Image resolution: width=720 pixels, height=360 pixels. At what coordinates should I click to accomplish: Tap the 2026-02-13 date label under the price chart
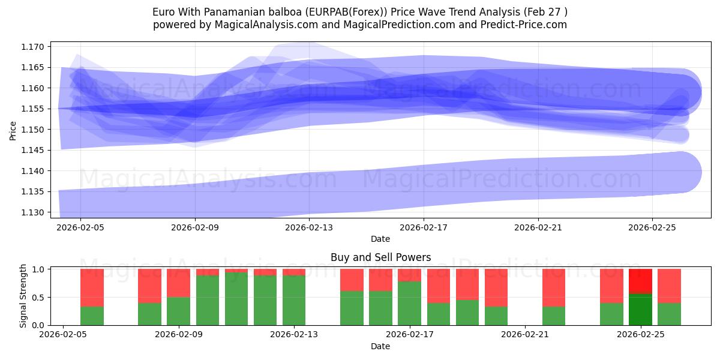point(309,227)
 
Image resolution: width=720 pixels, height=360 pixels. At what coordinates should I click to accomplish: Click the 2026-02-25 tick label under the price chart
point(652,227)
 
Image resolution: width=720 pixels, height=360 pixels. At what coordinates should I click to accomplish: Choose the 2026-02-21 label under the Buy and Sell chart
point(525,335)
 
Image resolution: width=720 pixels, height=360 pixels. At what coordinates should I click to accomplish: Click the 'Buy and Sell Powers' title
point(380,257)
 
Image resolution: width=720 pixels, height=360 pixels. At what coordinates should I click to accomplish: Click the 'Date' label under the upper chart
point(380,239)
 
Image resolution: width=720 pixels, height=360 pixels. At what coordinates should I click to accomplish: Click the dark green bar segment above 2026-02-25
point(640,309)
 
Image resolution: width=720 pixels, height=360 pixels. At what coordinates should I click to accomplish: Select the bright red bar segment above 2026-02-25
point(640,281)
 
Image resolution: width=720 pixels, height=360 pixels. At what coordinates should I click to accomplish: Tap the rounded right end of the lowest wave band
point(684,172)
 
